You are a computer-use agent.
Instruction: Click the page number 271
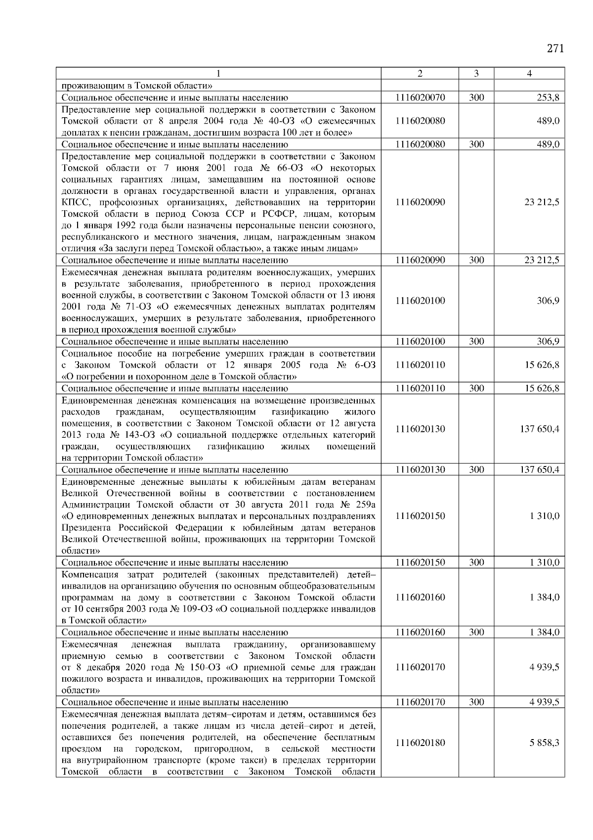pos(555,48)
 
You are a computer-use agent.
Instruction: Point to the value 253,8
pos(549,98)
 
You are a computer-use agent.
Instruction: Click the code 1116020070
pos(420,98)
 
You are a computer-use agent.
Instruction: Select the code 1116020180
pos(420,743)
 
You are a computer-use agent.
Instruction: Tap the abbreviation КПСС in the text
pos(76,202)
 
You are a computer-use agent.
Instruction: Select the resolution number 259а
pos(365,505)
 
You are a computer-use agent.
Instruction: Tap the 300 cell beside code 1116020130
pos(476,469)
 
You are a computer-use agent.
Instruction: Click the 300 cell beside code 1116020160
pos(476,632)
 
